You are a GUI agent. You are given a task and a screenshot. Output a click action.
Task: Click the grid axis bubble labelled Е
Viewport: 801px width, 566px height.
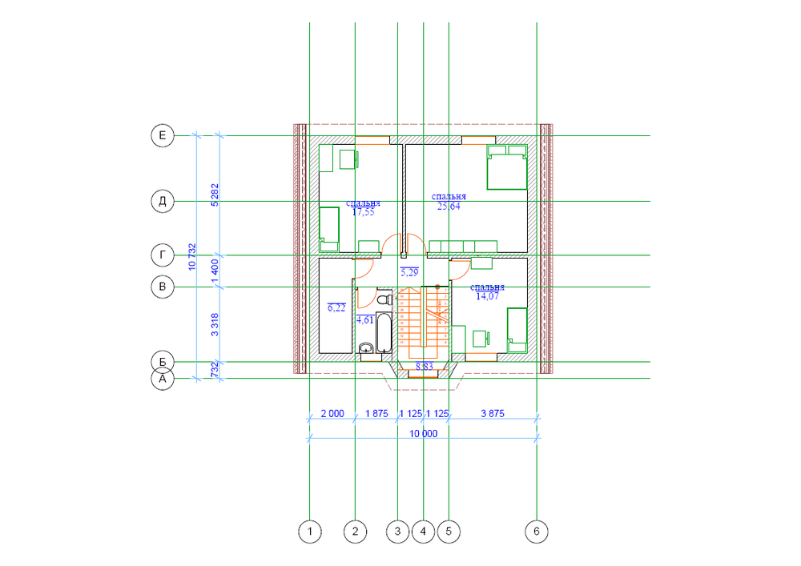[163, 136]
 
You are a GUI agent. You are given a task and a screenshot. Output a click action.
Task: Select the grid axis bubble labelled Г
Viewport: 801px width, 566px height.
[163, 255]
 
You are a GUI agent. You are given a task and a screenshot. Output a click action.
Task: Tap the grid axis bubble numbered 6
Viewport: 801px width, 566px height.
[536, 530]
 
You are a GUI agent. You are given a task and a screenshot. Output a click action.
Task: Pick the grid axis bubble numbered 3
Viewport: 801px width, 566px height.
[396, 530]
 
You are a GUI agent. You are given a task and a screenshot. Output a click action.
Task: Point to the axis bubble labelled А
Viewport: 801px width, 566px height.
[163, 379]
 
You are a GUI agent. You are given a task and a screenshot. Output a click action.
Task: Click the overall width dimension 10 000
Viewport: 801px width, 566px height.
[424, 434]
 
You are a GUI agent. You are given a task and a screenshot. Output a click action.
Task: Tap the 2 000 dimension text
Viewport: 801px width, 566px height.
[332, 413]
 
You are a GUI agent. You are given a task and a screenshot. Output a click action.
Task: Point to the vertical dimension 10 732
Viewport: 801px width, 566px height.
[192, 257]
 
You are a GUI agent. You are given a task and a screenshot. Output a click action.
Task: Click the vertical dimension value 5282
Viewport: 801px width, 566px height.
[215, 195]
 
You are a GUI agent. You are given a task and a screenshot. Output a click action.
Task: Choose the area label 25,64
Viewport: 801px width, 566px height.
[448, 207]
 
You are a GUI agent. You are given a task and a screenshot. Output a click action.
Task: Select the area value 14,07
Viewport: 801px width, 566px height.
[488, 295]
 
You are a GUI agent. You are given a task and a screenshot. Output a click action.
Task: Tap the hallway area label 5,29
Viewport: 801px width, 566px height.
[409, 273]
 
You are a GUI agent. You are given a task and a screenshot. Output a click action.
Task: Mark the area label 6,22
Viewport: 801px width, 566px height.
[336, 307]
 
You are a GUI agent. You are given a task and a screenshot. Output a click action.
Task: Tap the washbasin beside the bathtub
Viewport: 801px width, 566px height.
[367, 347]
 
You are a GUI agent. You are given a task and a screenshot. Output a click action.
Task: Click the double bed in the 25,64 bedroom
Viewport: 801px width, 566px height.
[506, 167]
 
